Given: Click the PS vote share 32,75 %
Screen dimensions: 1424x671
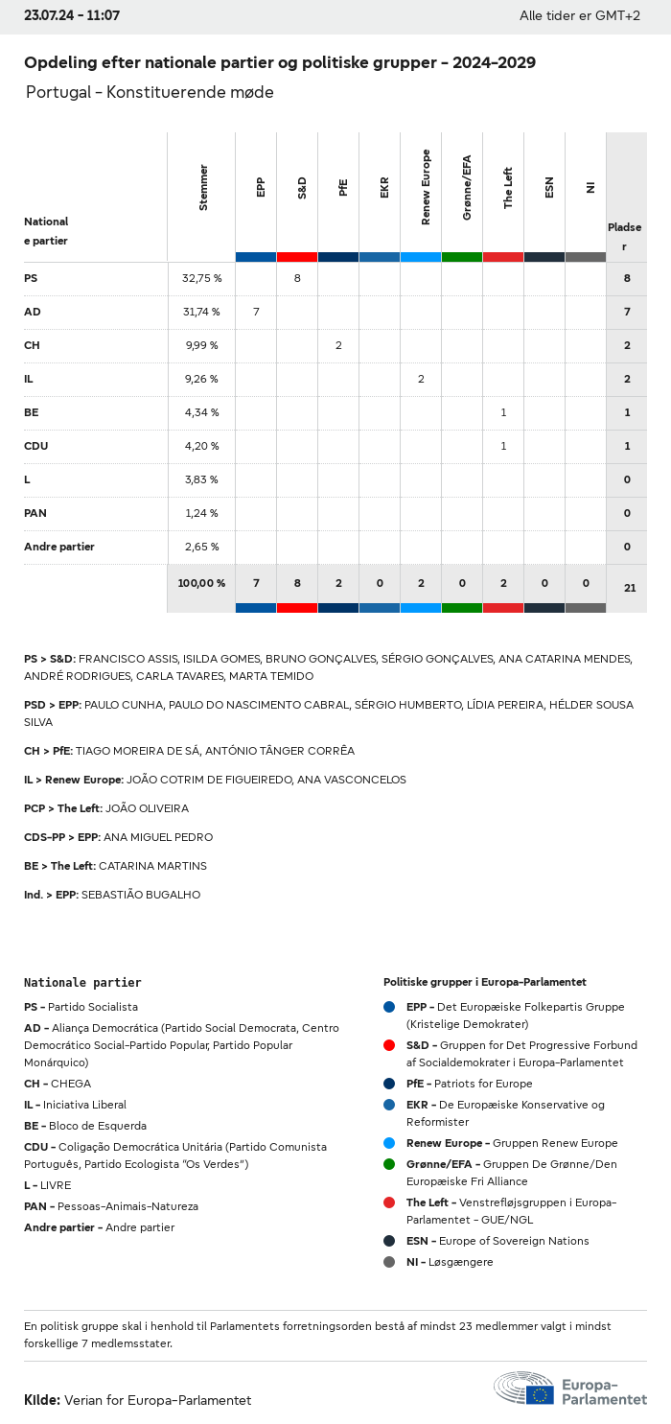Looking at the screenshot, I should pos(201,278).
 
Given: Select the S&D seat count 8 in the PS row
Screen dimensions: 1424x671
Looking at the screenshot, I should pos(297,278).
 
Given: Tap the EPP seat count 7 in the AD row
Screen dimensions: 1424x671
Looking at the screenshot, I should pos(256,312).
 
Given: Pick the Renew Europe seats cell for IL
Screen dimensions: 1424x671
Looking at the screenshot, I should pos(421,379).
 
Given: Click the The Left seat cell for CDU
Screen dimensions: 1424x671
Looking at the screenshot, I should pos(503,446).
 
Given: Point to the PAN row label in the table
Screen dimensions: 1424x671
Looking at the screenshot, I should pos(35,513).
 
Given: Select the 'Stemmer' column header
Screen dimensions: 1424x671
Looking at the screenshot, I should pos(202,188).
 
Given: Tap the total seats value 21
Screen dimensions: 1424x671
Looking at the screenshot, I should pos(629,588).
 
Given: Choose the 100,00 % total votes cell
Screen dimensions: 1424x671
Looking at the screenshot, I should pos(201,583).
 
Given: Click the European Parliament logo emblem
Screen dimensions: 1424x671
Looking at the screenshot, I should pos(524,1389).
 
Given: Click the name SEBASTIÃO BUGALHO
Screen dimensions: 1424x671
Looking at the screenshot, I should pos(141,895).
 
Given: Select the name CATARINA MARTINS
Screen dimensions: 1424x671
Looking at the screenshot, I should pos(152,866).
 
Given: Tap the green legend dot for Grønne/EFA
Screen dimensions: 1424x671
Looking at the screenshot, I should pos(389,1164).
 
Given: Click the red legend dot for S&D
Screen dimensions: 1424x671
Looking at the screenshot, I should pos(389,1045).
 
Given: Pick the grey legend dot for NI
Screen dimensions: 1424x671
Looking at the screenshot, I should pos(389,1262).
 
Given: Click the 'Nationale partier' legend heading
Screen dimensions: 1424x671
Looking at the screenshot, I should pos(82,983).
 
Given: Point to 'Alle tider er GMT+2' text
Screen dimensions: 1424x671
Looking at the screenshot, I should pos(580,15).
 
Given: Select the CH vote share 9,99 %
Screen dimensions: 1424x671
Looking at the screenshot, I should pos(201,345).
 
